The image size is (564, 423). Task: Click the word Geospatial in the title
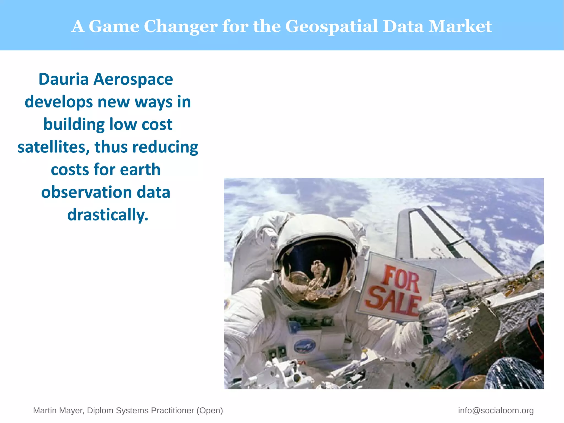pos(331,27)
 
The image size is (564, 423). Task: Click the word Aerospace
pos(133,80)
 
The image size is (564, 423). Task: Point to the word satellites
pos(53,147)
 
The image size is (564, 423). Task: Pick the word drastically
pos(108,215)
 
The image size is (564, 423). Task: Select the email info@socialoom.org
pos(496,410)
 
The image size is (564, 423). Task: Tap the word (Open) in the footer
pos(210,410)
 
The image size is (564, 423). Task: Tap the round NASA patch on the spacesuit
pos(304,346)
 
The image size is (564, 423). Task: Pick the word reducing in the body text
pos(165,147)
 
